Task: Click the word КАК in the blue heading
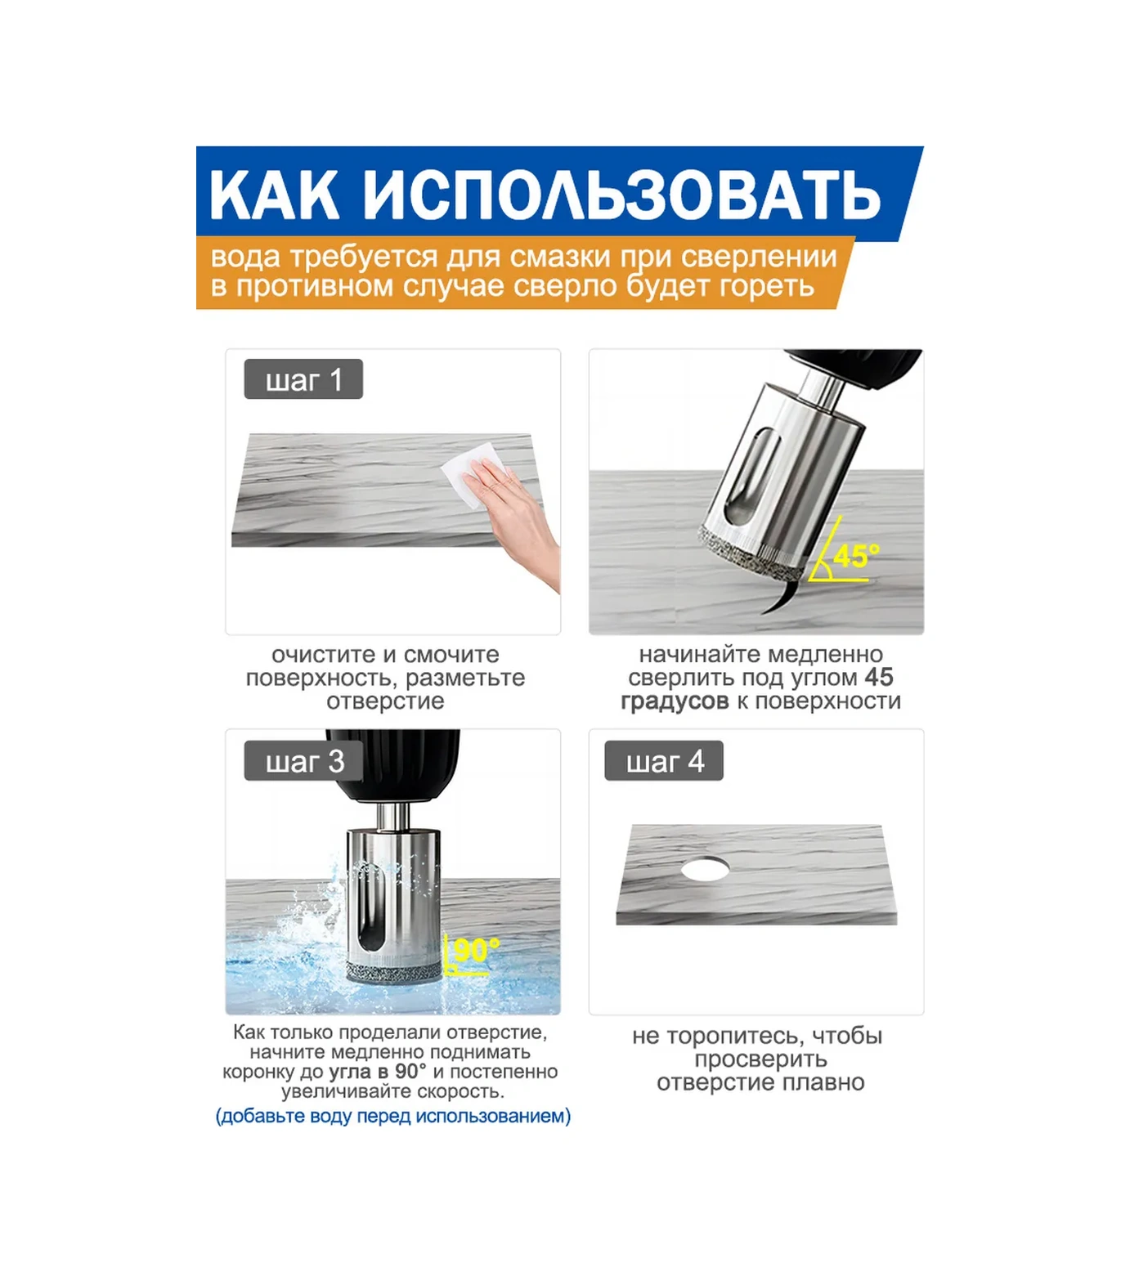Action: tap(275, 195)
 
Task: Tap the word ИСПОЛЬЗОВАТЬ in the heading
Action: tap(621, 195)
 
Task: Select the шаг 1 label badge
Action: tap(303, 380)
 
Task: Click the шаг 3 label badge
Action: tap(303, 761)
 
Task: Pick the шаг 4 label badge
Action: tap(664, 761)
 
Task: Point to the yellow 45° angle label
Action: tap(856, 556)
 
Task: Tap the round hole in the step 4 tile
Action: tap(705, 868)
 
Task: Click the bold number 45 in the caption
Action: tap(879, 677)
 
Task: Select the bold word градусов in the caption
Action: tap(675, 701)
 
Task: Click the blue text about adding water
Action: tap(393, 1116)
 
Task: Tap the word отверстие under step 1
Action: tap(385, 701)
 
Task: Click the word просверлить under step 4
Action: tap(760, 1059)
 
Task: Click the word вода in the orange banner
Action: tap(245, 258)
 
